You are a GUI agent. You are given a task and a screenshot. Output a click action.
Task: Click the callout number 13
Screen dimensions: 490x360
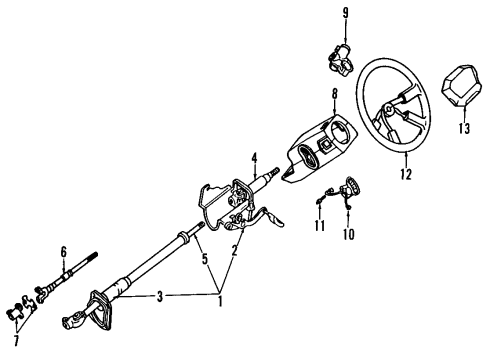tap(462, 128)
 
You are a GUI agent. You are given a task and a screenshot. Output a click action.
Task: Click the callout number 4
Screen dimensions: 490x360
tap(255, 157)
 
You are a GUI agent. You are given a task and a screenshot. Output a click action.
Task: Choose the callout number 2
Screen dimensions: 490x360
tap(236, 253)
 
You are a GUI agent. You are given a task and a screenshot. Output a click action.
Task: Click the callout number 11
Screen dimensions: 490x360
tap(319, 227)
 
